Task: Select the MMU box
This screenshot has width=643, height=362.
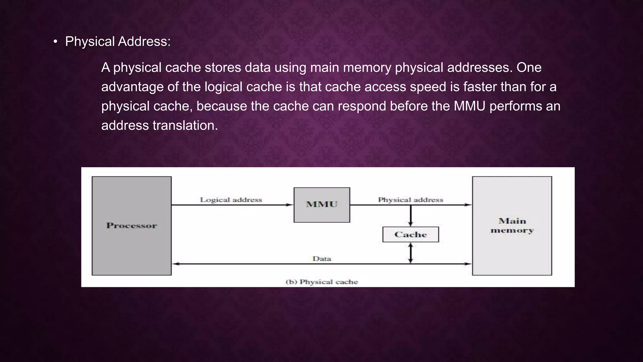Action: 322,205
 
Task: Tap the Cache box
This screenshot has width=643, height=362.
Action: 410,234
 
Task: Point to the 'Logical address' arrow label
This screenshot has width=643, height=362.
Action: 231,200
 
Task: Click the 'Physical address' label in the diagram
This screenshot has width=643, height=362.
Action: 410,200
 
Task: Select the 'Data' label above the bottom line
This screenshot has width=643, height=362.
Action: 322,259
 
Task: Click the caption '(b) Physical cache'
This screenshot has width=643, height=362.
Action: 322,282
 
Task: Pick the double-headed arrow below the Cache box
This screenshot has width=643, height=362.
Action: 410,253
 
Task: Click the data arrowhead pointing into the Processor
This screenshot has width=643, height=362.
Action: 176,264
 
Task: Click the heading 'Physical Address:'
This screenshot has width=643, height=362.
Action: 118,41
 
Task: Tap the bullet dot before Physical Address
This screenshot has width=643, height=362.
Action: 55,41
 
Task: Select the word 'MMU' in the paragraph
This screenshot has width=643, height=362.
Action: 469,106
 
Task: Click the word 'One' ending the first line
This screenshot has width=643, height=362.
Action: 529,68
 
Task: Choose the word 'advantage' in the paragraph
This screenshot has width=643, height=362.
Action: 132,87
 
